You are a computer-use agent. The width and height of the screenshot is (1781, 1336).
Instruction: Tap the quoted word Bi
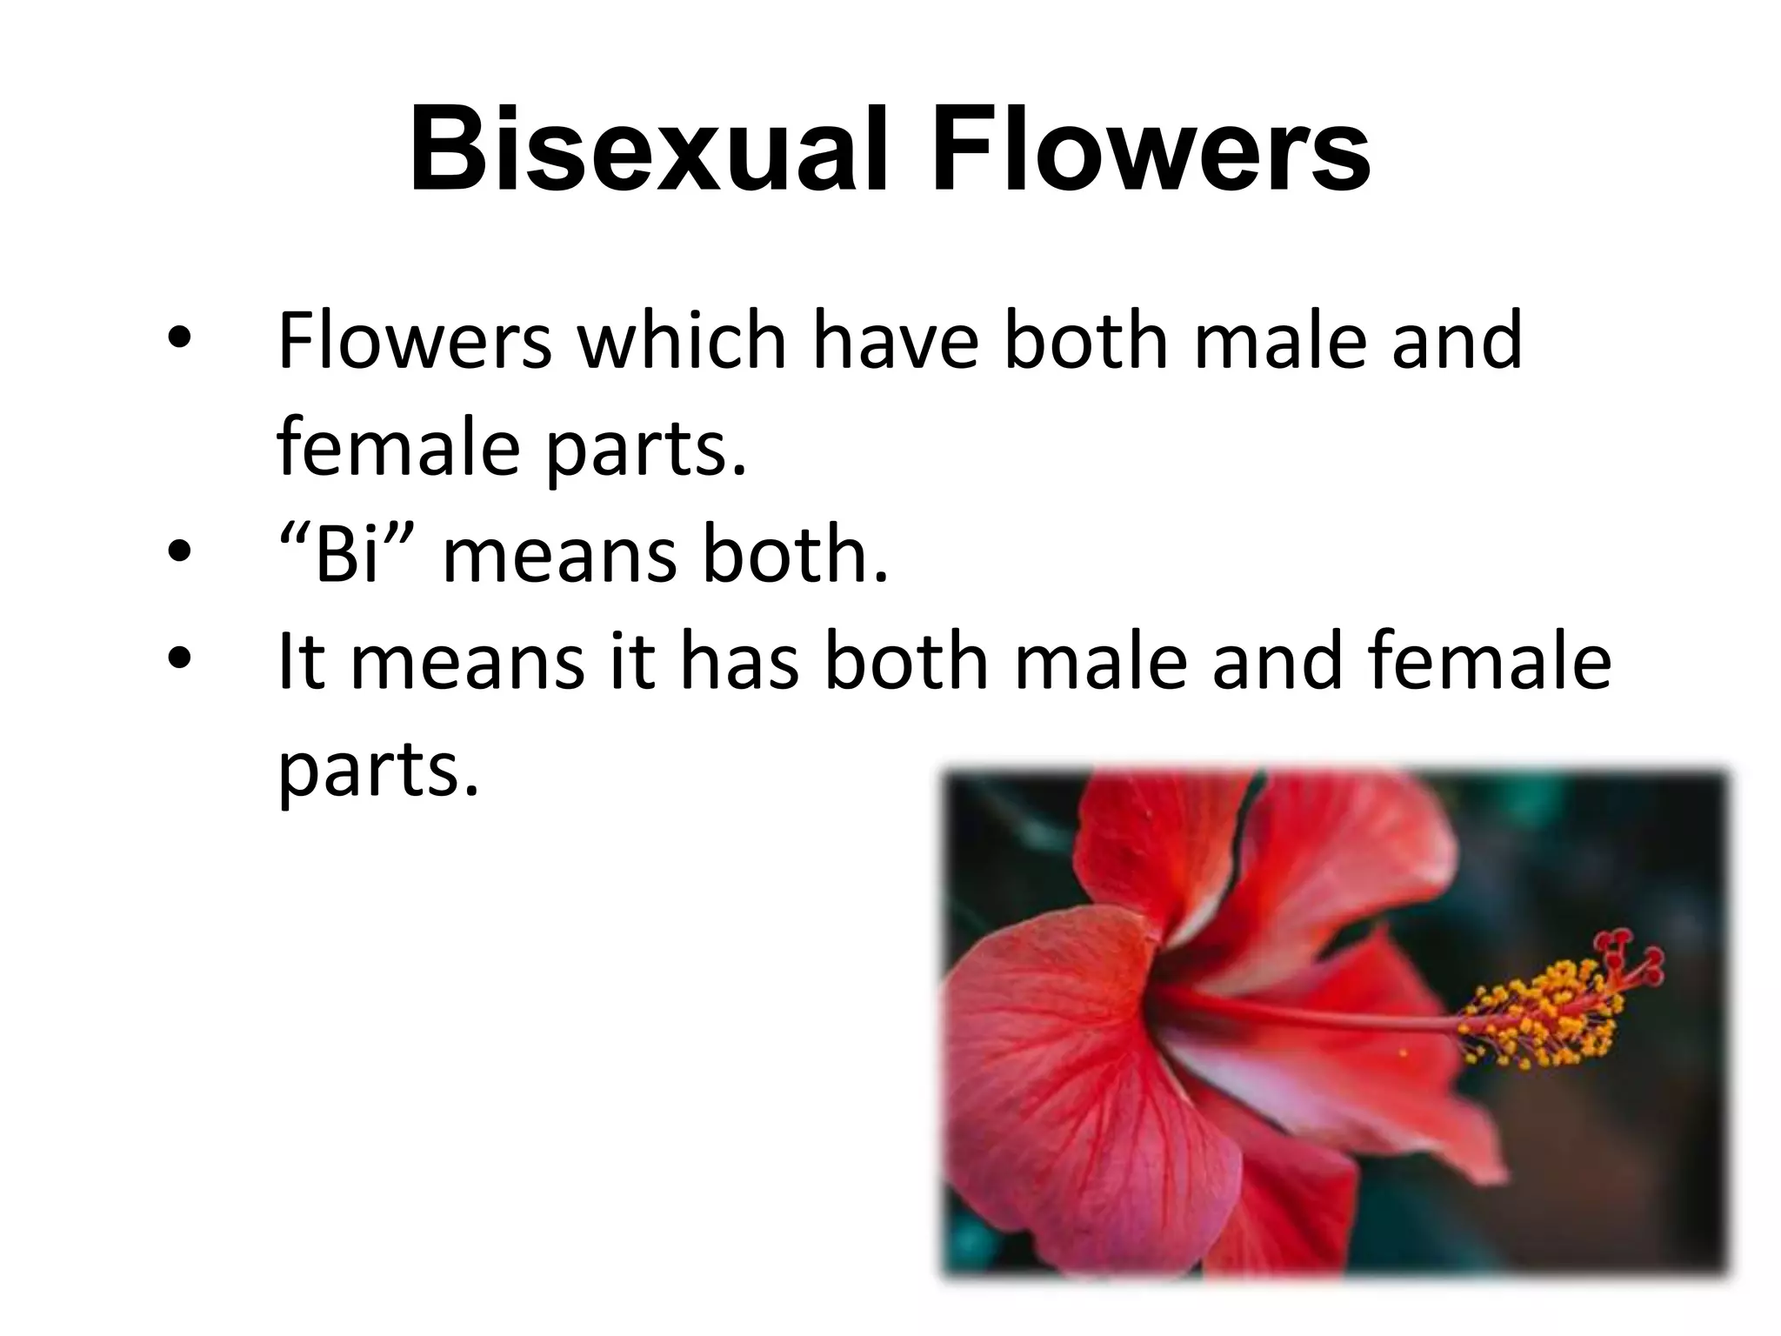[349, 554]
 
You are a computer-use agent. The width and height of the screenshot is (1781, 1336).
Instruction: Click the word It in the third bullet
[301, 661]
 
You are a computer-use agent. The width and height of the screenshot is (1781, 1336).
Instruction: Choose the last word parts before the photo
[378, 771]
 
